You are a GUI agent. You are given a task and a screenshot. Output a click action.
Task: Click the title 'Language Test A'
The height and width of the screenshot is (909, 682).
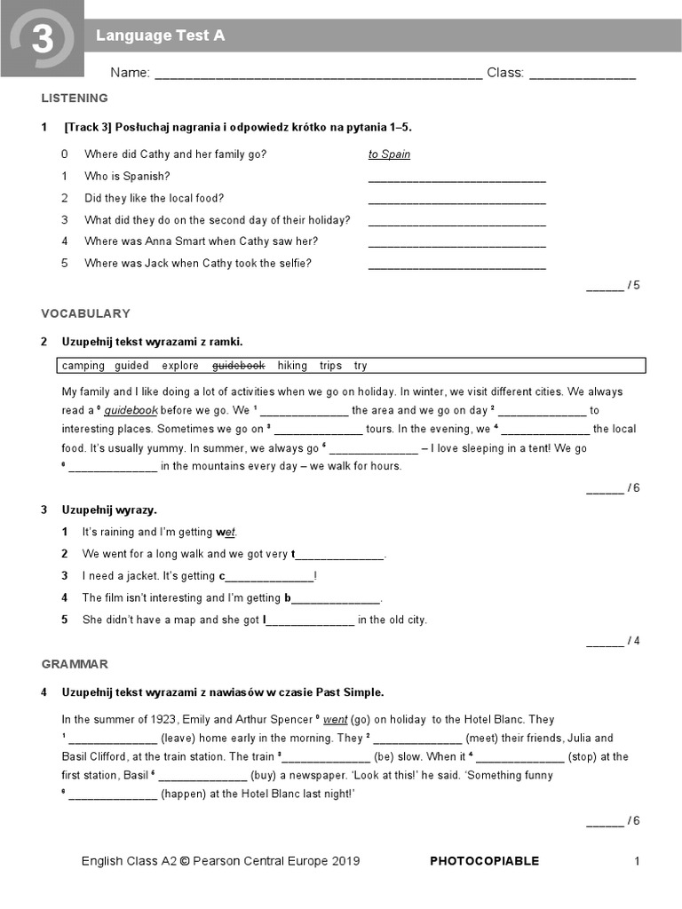coord(160,36)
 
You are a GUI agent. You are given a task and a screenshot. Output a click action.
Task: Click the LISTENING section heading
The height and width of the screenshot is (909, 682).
coord(75,99)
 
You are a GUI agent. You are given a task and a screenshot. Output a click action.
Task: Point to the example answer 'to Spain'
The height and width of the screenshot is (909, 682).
coord(389,154)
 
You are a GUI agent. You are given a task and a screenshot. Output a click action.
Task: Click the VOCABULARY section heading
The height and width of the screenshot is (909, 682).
coord(85,313)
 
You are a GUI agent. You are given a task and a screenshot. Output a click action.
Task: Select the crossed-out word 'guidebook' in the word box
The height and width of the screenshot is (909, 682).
coord(238,366)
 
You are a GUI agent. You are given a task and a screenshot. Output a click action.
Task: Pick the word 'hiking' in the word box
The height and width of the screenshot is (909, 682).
coord(292,366)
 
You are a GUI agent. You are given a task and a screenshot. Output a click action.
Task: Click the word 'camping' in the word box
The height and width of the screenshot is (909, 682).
coord(83,366)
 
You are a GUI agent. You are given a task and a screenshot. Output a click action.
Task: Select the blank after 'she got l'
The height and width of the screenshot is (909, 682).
coord(311,621)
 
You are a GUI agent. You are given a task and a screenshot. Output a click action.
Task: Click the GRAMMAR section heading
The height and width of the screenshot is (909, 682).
coord(75,664)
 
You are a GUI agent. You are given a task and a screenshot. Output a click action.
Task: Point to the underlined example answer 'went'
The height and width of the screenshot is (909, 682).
coord(335,720)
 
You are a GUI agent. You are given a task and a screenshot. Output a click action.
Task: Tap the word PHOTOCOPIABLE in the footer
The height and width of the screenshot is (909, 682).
coord(484,861)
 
